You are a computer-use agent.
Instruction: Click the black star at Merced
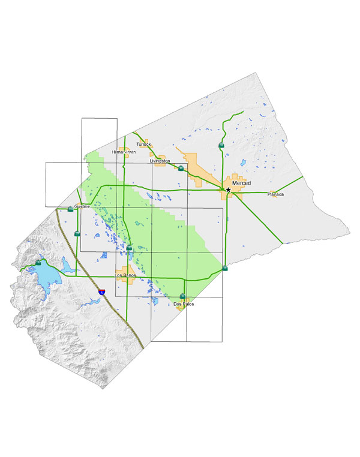tap(228, 190)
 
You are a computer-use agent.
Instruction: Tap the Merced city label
tap(241, 182)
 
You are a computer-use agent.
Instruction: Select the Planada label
tap(276, 195)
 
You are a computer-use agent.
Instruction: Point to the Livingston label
tap(160, 161)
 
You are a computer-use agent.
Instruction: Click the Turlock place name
tap(143, 145)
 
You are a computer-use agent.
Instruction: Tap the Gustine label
tap(82, 206)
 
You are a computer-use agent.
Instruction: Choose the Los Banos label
tap(126, 275)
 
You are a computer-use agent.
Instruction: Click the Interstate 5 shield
tap(103, 292)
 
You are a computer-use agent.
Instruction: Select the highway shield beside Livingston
tap(180, 169)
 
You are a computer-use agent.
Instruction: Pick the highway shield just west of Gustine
tap(71, 209)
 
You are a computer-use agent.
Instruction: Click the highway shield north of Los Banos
tap(129, 248)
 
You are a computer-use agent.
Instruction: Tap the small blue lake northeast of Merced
tap(243, 163)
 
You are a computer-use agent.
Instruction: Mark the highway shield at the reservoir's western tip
tap(38, 263)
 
